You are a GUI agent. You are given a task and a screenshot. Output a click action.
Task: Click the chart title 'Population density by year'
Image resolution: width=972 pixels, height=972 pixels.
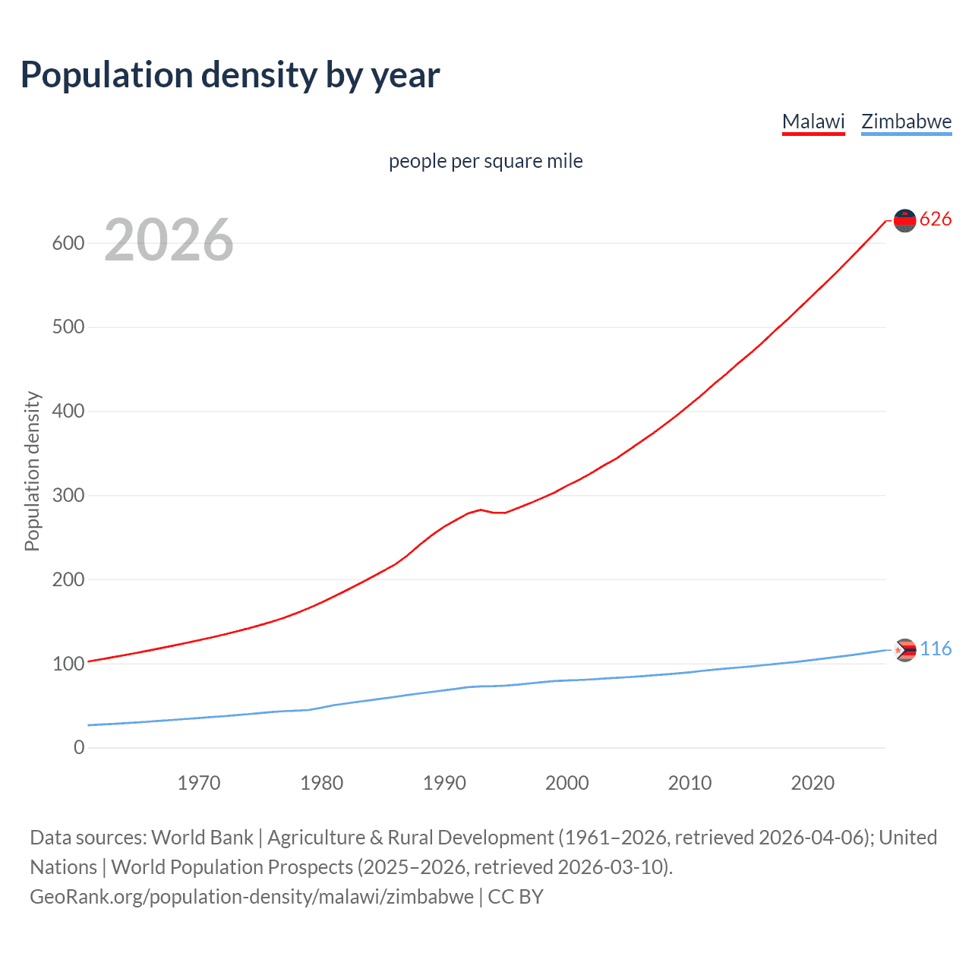[230, 75]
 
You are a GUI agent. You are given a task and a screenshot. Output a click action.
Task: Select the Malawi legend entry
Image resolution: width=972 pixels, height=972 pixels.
[813, 121]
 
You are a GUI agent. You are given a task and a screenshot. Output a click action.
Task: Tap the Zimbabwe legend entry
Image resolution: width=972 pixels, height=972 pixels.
[906, 121]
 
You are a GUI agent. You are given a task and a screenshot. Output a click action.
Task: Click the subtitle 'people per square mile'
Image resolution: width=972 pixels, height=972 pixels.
[485, 161]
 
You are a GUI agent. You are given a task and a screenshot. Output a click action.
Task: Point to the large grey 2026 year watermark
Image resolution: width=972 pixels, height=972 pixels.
[169, 240]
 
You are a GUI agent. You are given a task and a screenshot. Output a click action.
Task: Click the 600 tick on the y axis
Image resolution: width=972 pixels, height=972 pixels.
[68, 243]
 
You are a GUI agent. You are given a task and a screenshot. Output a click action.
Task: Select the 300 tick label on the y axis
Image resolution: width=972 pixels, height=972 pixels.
[68, 495]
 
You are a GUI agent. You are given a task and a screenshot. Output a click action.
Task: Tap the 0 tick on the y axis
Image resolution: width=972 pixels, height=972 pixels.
[79, 747]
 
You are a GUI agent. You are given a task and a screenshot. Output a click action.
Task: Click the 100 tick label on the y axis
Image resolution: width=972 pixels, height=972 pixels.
[68, 664]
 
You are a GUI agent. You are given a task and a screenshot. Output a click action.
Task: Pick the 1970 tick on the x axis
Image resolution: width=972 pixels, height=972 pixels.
[199, 783]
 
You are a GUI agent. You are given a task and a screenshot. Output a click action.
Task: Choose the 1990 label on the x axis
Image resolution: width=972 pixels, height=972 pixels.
[444, 783]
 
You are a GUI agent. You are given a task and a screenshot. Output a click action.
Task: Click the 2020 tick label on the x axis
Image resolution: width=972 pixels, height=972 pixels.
[813, 783]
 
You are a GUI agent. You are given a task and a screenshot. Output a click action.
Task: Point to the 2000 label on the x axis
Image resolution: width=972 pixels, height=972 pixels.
[567, 783]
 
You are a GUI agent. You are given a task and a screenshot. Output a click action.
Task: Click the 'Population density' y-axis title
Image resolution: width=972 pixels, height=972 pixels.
[32, 471]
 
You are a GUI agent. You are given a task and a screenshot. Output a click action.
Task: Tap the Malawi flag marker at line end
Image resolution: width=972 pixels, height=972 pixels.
[904, 220]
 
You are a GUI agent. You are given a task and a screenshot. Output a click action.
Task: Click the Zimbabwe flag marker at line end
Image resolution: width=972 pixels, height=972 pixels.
[904, 650]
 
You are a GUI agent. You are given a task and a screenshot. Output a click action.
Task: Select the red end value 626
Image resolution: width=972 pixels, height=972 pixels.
[936, 219]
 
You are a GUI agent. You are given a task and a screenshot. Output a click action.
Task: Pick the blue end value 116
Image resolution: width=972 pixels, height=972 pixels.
[936, 649]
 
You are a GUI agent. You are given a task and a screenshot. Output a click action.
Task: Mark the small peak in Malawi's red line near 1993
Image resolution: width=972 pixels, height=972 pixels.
[481, 510]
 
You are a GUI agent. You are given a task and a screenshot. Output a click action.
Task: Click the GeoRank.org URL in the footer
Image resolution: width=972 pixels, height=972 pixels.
[251, 897]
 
